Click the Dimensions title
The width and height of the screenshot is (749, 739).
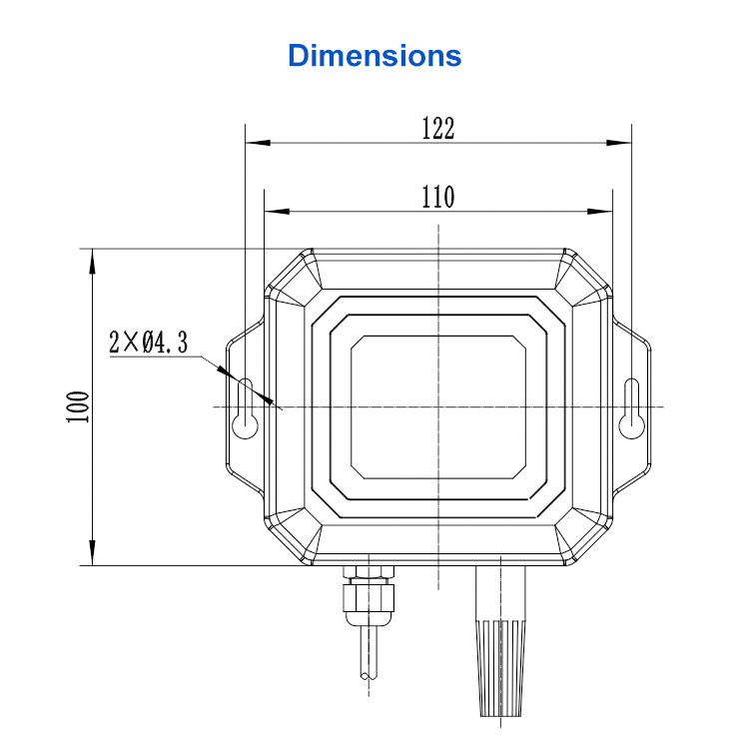point(374,55)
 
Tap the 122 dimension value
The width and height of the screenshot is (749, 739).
point(438,128)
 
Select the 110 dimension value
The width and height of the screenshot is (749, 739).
point(438,197)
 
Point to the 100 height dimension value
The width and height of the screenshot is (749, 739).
point(78,406)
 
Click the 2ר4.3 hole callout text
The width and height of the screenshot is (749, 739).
point(149,342)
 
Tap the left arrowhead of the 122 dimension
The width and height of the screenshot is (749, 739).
point(258,143)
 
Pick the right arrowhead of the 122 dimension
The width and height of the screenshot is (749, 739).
point(619,143)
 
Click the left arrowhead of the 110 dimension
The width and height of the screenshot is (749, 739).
point(277,211)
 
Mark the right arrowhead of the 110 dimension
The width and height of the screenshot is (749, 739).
point(600,211)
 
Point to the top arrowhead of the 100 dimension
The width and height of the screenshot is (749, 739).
point(92,262)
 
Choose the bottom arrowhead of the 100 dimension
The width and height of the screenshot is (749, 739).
point(92,553)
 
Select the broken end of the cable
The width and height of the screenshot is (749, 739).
point(369,675)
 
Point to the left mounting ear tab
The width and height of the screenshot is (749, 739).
point(245,407)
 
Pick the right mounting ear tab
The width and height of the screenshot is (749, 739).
point(631,407)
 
